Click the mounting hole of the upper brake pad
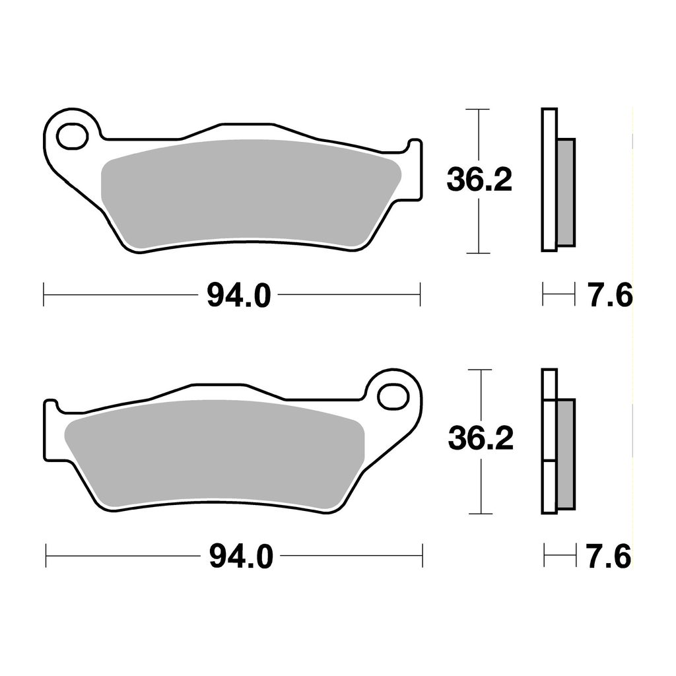click(72, 136)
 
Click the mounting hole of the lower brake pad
click(393, 397)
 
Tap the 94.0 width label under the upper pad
click(239, 295)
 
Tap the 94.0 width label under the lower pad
click(241, 556)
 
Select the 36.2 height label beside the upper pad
click(479, 180)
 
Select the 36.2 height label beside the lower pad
click(481, 438)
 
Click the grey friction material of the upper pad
click(250, 195)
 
